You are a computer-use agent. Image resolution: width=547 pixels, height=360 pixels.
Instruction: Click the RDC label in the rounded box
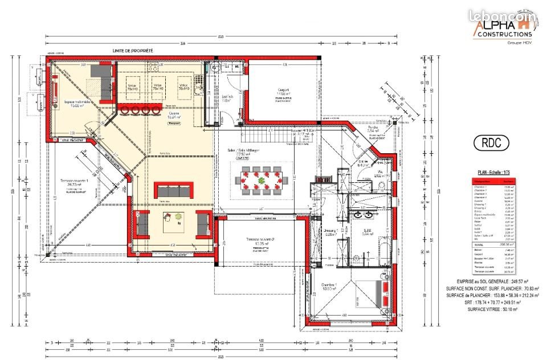[491, 143]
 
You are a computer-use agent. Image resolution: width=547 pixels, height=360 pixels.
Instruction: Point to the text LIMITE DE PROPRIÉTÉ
[133, 51]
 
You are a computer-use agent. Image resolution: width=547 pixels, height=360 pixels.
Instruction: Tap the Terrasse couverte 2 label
[260, 242]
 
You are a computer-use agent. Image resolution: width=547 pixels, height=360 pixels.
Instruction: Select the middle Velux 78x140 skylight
[157, 87]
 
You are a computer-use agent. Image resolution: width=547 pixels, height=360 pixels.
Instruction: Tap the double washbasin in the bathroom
[363, 215]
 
